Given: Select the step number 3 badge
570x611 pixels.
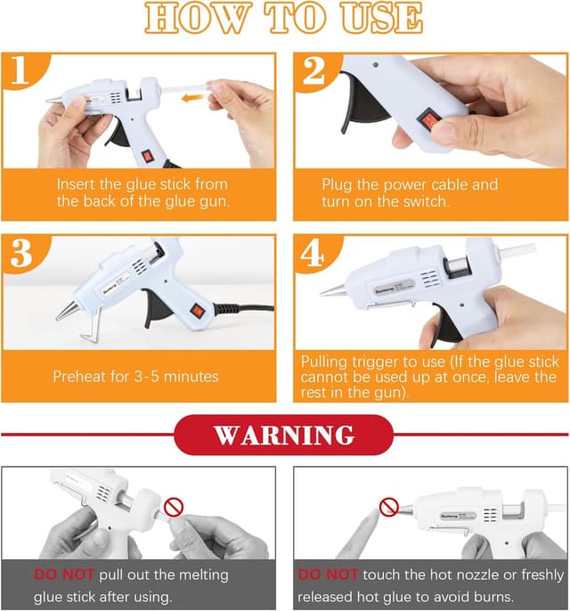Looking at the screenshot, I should point(20,254).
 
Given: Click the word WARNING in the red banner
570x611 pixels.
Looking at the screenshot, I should point(284,436).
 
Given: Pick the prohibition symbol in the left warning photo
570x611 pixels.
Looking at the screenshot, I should point(175,508).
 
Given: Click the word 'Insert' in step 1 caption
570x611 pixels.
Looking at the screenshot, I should point(77,184).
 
